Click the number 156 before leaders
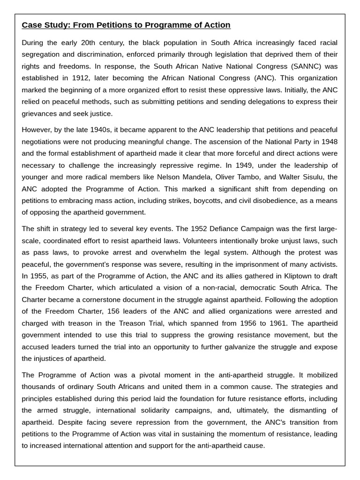[114, 311]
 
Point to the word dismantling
[309, 410]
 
